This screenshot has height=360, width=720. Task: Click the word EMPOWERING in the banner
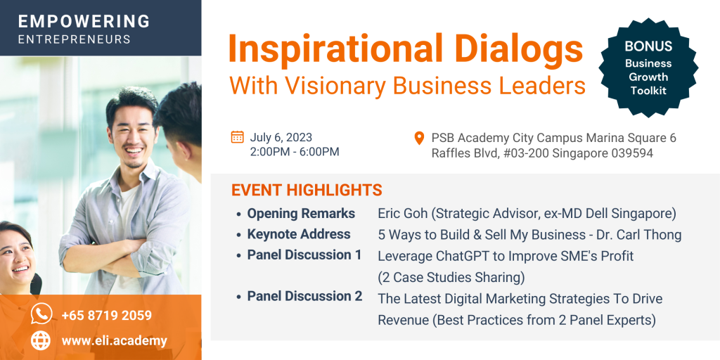click(84, 21)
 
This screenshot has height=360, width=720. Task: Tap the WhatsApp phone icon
click(41, 314)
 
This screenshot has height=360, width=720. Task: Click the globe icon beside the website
click(41, 340)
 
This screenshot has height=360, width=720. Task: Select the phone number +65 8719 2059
click(107, 316)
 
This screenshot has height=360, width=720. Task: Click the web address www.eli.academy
click(115, 341)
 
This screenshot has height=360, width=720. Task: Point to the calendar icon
click(238, 137)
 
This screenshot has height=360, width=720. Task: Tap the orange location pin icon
click(419, 138)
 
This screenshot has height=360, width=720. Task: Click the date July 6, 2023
click(281, 137)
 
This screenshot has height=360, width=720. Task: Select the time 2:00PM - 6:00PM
click(295, 152)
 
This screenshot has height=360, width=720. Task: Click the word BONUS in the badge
click(648, 46)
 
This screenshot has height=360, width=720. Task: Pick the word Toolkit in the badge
click(648, 91)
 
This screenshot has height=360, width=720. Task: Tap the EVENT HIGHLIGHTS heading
click(307, 190)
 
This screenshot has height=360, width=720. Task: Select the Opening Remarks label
click(301, 214)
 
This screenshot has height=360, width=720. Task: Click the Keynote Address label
click(299, 234)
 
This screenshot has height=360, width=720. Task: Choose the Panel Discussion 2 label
click(305, 296)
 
